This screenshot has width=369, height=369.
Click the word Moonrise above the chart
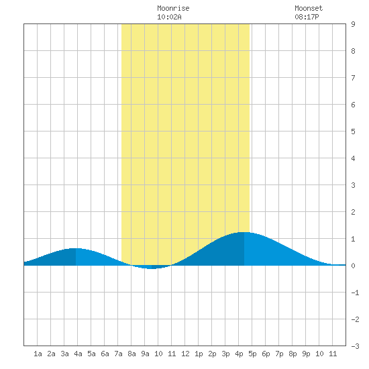[173, 8]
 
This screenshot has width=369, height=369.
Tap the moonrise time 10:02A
[169, 17]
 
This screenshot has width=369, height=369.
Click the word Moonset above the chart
[309, 8]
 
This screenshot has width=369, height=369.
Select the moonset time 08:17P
[307, 17]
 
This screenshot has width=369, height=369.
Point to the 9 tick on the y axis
[353, 24]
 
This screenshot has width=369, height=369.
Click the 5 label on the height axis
[353, 131]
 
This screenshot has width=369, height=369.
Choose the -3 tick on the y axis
[355, 346]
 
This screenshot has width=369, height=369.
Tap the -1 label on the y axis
[355, 293]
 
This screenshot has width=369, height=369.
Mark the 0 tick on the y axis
[353, 266]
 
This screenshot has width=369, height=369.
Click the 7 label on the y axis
[353, 78]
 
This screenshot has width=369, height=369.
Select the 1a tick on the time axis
[38, 354]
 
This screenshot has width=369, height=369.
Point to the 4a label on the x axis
[78, 354]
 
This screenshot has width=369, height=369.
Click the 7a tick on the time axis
[118, 354]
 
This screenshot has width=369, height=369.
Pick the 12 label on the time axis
[185, 354]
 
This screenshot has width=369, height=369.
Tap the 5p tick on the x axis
[252, 354]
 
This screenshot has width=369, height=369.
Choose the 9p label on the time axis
[306, 354]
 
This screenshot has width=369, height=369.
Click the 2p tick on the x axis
[212, 354]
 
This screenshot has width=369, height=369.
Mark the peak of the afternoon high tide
[244, 232]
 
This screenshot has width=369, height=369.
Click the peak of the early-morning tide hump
[76, 248]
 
